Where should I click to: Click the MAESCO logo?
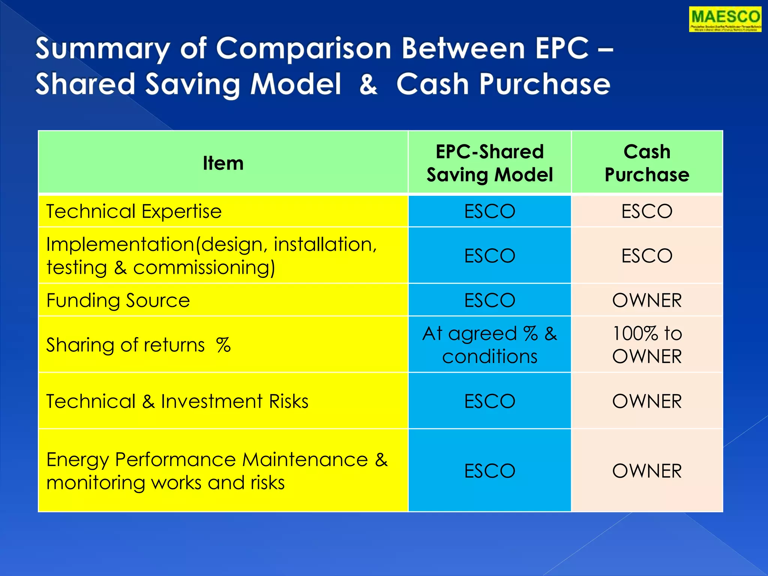click(725, 19)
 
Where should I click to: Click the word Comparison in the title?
click(304, 49)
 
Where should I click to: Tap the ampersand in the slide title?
click(368, 84)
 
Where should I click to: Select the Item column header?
click(223, 163)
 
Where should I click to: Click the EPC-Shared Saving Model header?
click(489, 163)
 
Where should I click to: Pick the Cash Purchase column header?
click(647, 163)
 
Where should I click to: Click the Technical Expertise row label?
click(134, 211)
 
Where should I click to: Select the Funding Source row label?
click(118, 300)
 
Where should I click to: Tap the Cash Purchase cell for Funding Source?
click(647, 300)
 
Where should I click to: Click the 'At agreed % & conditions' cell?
click(489, 345)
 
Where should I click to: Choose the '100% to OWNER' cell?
click(647, 345)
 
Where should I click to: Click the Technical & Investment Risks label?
click(177, 401)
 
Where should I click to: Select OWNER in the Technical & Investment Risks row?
click(647, 401)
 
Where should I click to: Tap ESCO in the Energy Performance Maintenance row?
click(489, 471)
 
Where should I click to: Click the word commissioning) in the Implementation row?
click(204, 268)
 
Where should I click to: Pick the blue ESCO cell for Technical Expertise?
click(489, 211)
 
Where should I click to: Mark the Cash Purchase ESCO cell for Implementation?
click(647, 256)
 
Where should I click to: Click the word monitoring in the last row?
click(95, 483)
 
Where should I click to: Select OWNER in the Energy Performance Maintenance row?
click(647, 471)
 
